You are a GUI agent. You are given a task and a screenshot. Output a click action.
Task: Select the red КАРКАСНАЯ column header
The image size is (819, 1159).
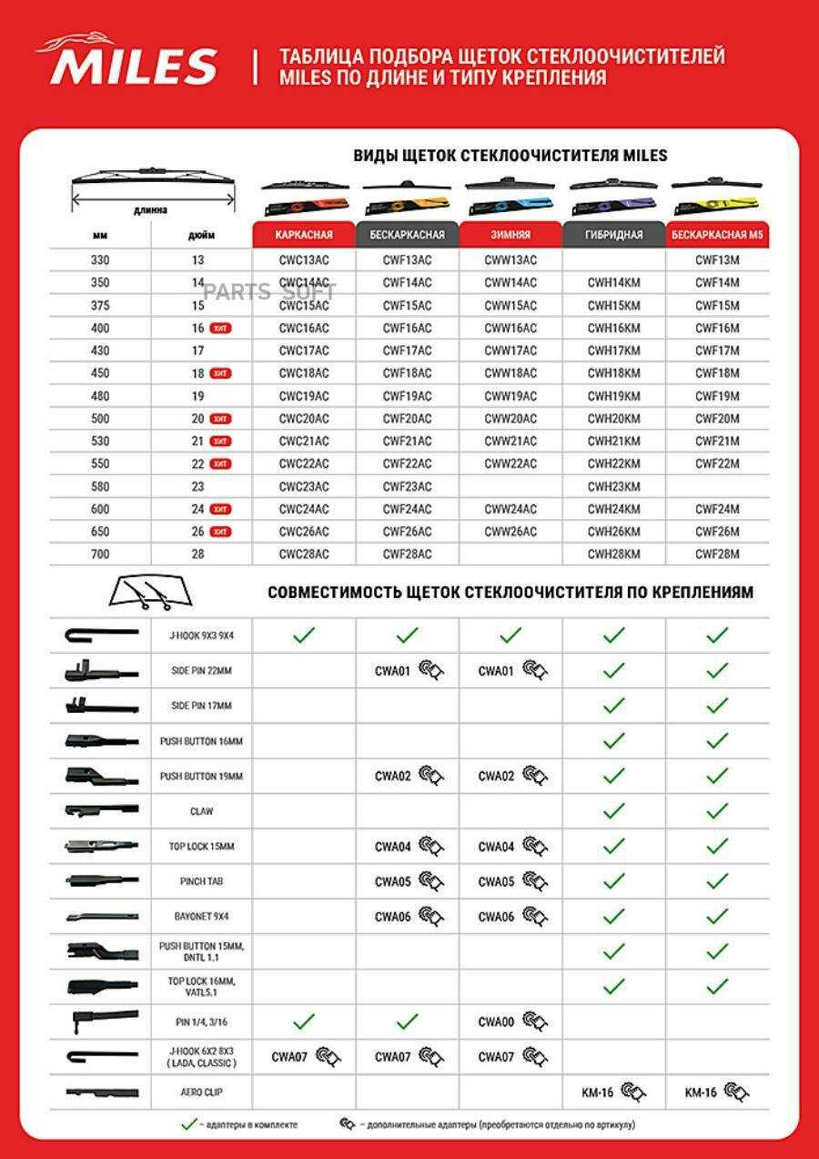coord(304,234)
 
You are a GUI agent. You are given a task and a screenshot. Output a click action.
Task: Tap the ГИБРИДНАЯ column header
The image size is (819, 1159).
coord(614,234)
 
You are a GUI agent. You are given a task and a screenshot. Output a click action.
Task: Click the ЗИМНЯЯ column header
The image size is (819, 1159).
coord(511,234)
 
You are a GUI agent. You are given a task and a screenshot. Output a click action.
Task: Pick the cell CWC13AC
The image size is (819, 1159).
coord(304,259)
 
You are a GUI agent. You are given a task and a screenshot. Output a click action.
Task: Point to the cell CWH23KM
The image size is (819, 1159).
coord(613,486)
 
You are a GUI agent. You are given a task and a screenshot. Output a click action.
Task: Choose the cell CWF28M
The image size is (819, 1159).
coord(717,554)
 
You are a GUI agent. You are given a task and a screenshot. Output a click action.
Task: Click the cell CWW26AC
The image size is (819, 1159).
coord(511,531)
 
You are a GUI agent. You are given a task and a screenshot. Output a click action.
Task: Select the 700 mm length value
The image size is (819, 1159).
coord(100,554)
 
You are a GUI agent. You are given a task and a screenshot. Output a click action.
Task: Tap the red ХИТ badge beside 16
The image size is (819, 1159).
coord(219,328)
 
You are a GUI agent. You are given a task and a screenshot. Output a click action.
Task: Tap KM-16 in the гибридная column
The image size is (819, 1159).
coord(598,1092)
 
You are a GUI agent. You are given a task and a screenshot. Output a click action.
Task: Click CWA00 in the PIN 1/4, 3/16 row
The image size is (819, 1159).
coord(496,1022)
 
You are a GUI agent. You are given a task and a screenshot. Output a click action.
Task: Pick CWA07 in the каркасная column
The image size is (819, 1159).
coord(289,1057)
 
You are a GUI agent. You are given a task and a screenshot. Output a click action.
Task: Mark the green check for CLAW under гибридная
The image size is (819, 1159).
coord(614,810)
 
